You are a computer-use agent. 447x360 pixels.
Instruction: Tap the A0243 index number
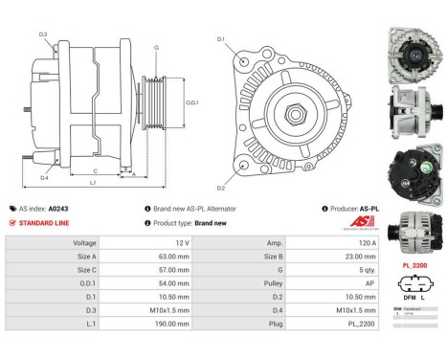[58, 208]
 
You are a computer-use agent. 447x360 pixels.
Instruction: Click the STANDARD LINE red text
[43, 222]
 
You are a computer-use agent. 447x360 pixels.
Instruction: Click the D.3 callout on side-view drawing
[43, 34]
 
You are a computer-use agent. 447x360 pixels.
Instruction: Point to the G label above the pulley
[156, 47]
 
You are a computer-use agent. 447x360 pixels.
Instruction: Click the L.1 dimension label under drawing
[93, 183]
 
